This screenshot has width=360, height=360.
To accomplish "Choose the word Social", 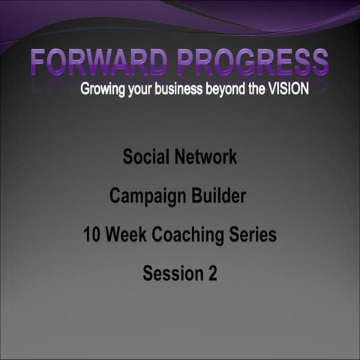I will pos(145,158).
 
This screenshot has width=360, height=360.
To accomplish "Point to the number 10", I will pos(92,235).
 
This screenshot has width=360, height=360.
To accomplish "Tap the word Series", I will pos(253,235).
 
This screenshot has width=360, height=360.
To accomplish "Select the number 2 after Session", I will pos(212,274).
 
